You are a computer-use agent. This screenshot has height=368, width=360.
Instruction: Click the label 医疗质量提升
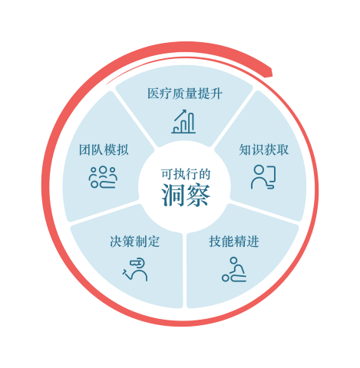[185, 94]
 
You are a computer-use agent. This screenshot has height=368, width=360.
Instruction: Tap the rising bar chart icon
[183, 122]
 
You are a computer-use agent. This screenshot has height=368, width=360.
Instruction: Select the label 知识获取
[264, 149]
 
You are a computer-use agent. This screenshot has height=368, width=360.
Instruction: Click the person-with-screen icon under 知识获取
[263, 177]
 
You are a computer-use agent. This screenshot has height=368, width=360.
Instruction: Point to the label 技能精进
[234, 242]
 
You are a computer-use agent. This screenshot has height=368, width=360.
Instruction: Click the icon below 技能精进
[234, 269]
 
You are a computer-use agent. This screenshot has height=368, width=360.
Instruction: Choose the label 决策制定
[135, 242]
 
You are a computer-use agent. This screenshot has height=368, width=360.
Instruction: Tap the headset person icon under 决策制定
[135, 270]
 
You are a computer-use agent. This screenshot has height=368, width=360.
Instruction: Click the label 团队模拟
[104, 149]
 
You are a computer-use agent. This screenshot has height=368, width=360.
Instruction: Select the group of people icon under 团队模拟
[103, 177]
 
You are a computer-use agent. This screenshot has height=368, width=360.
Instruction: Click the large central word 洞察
[186, 195]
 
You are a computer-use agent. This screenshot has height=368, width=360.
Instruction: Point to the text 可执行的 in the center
[186, 174]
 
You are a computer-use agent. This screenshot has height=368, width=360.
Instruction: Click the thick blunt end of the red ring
[270, 72]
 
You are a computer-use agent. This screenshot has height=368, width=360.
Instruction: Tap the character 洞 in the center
[173, 195]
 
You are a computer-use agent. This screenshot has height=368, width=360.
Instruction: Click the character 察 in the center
[198, 195]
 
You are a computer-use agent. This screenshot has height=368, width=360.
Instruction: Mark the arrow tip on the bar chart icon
[185, 110]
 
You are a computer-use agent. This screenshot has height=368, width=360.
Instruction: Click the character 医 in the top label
[154, 94]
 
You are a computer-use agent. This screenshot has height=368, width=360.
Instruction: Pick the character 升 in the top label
[216, 94]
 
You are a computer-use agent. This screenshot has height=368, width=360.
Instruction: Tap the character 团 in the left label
[85, 149]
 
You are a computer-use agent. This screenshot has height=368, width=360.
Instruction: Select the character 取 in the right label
[282, 149]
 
